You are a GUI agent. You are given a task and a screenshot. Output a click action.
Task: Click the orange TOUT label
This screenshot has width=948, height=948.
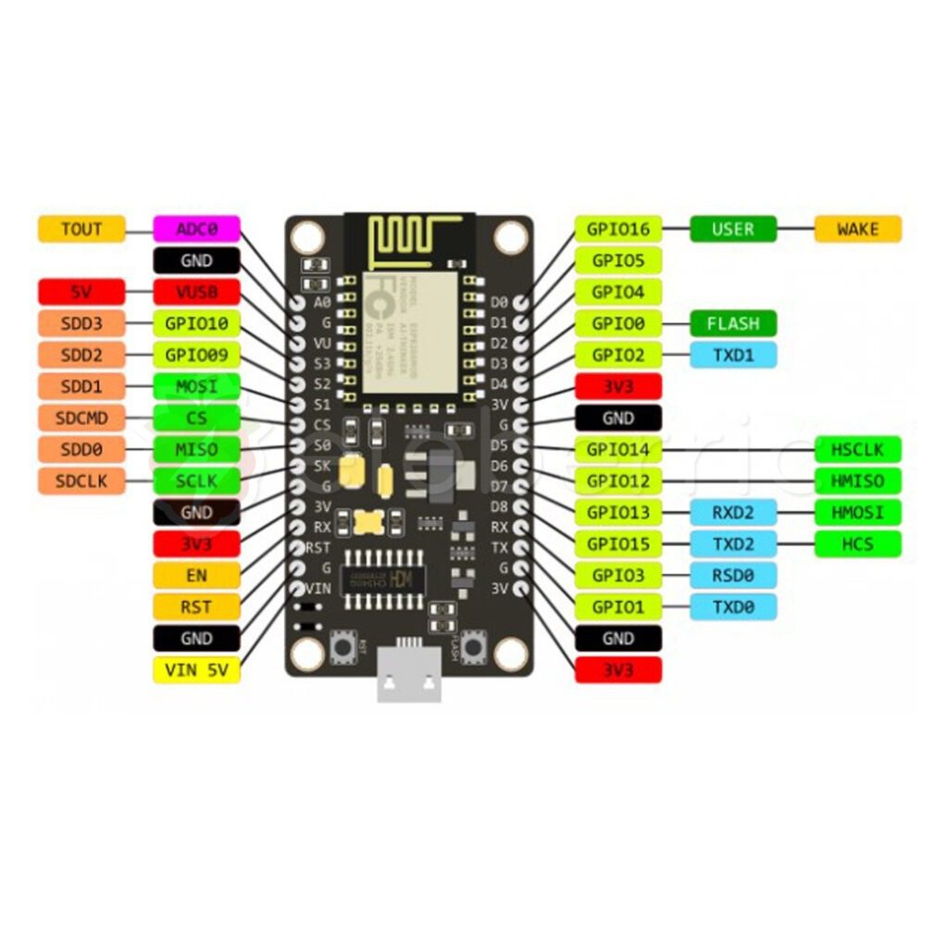point(81,229)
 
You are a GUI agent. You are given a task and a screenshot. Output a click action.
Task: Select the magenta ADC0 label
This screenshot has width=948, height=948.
point(196,229)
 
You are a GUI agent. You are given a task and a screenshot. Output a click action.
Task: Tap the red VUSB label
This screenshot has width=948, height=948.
point(196,292)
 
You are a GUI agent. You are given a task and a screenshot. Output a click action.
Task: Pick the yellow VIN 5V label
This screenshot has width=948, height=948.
point(196,670)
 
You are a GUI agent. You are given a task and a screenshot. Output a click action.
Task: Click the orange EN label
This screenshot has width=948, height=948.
point(196,576)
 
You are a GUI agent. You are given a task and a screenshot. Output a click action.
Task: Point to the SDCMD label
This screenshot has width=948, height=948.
point(81,418)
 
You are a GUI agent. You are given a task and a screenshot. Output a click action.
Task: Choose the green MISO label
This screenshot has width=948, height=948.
point(196,449)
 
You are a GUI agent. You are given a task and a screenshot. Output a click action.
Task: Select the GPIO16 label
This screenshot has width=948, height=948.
point(618,229)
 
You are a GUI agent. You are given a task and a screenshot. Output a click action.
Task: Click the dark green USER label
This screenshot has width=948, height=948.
point(733,229)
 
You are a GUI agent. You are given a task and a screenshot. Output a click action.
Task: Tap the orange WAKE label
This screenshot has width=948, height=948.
point(857,229)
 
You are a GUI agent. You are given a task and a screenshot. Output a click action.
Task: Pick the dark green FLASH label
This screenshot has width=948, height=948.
point(733,323)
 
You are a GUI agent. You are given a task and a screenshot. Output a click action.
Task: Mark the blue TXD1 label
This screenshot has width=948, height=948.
point(733,355)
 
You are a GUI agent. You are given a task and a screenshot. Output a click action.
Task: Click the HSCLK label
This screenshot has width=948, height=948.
point(857,450)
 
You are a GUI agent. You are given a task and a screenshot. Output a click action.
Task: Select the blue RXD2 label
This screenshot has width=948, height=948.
point(733,512)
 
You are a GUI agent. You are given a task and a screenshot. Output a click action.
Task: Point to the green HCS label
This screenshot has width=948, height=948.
point(857,543)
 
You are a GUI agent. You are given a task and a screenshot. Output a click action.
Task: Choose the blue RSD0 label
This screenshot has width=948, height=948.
point(733,575)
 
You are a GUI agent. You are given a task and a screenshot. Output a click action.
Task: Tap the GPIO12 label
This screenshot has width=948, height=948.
point(618,480)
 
